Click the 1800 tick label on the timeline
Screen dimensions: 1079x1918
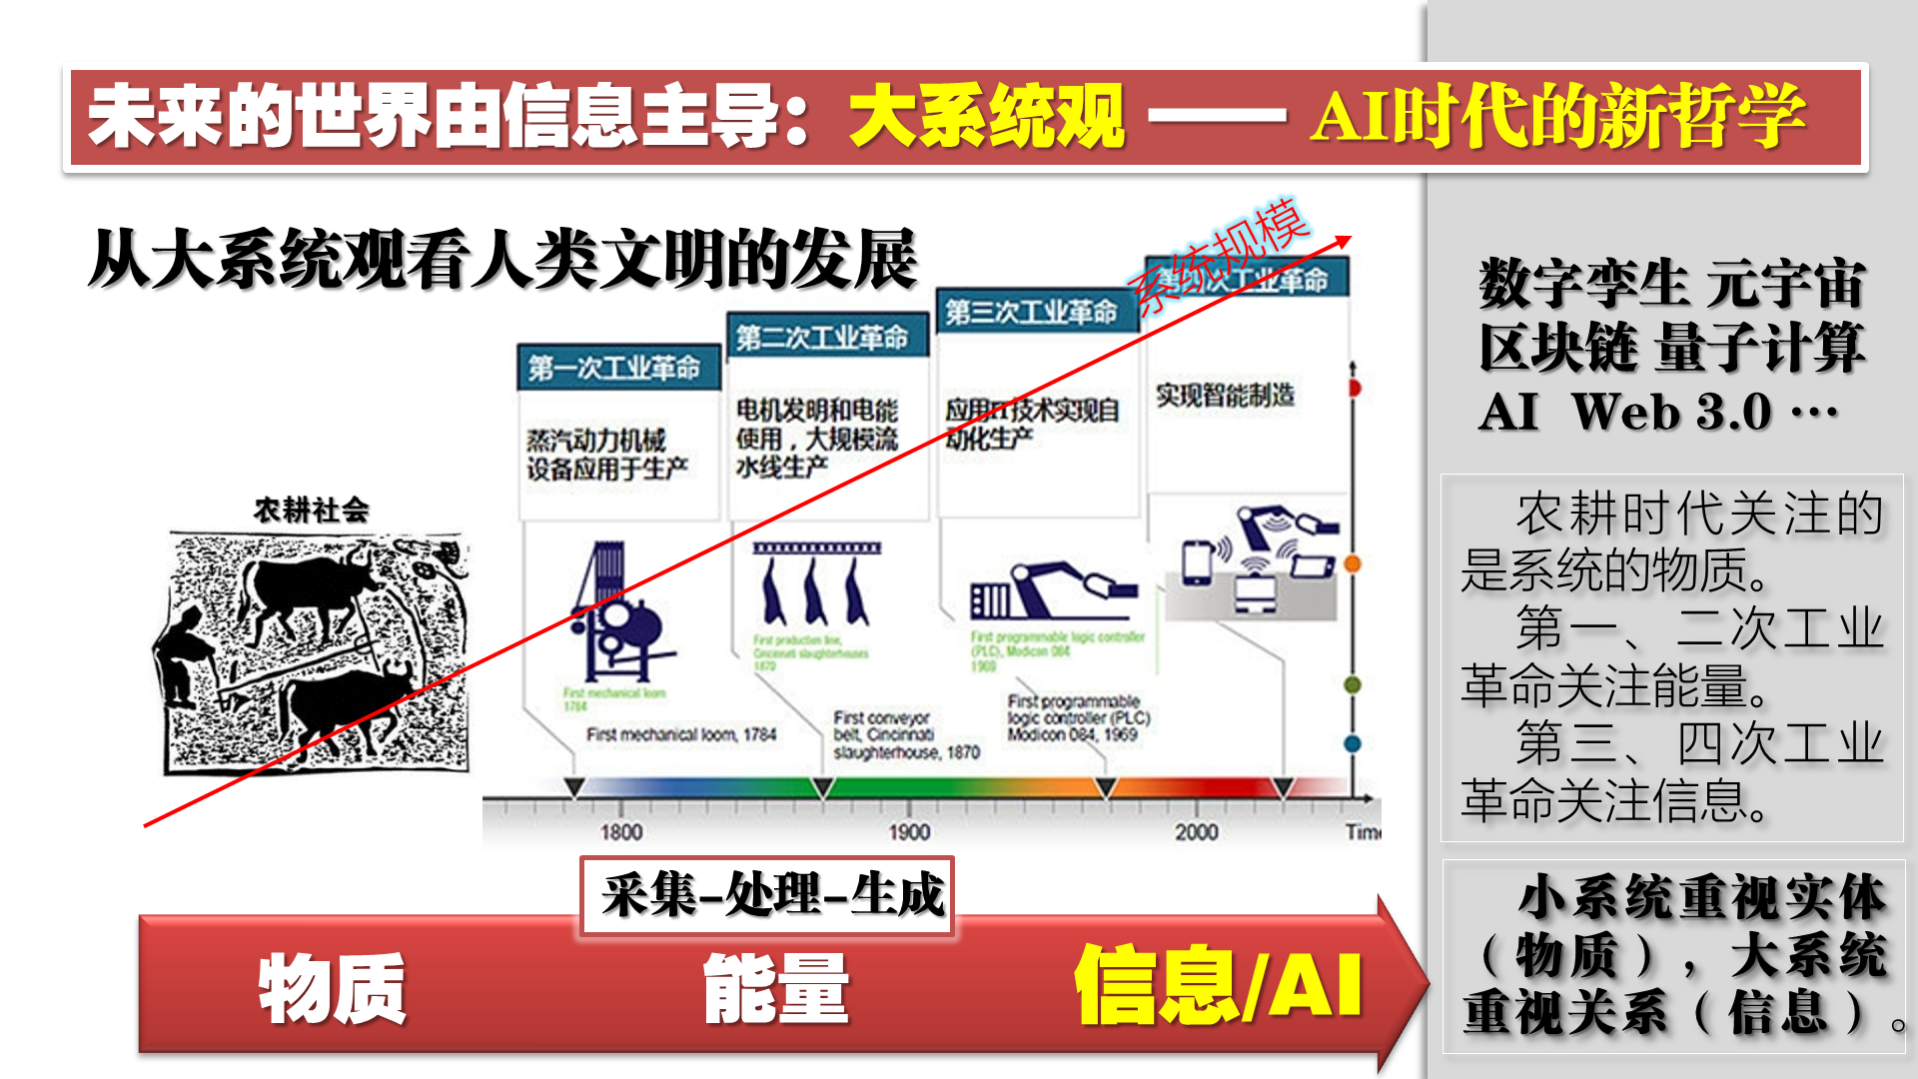[620, 832]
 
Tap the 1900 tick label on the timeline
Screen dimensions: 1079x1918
[909, 832]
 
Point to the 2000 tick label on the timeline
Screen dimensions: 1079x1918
[1196, 832]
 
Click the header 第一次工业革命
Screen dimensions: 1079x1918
[614, 368]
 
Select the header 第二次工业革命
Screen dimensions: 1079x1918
[822, 338]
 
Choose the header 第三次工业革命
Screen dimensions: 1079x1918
[1031, 313]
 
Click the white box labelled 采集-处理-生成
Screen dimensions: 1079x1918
[768, 895]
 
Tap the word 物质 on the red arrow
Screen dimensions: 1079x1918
[332, 988]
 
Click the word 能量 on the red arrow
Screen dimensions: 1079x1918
[776, 988]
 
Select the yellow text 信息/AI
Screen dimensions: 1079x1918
[1218, 986]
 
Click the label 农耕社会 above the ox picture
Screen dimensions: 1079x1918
[311, 511]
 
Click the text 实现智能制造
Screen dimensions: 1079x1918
[1225, 396]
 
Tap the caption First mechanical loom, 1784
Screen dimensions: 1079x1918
[681, 734]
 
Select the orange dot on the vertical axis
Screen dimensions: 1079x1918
[1353, 564]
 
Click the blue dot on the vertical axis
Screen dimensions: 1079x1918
[1353, 743]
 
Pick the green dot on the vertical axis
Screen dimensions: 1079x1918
[1353, 685]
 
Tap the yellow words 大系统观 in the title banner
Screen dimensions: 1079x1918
[987, 117]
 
